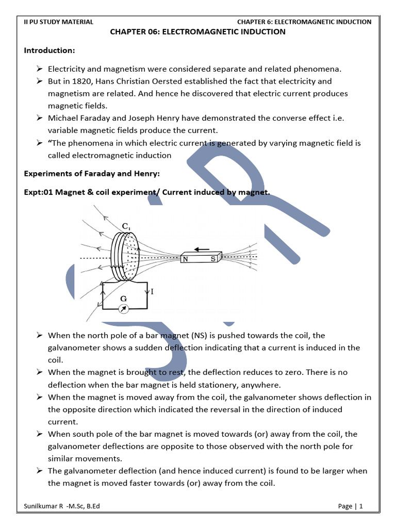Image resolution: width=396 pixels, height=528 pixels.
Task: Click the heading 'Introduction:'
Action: click(x=49, y=51)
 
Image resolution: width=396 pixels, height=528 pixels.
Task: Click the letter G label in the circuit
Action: click(x=123, y=298)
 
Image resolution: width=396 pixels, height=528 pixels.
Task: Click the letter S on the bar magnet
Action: click(x=212, y=259)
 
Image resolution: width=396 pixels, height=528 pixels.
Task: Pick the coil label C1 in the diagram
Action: click(x=127, y=226)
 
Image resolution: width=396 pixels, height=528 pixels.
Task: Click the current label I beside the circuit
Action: click(x=153, y=292)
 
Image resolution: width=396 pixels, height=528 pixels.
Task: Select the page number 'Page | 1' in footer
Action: click(x=351, y=506)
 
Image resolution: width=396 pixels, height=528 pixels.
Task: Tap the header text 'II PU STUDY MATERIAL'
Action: click(x=59, y=22)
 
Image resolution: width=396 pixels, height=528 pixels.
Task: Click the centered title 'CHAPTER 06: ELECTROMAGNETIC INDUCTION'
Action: click(x=198, y=32)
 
